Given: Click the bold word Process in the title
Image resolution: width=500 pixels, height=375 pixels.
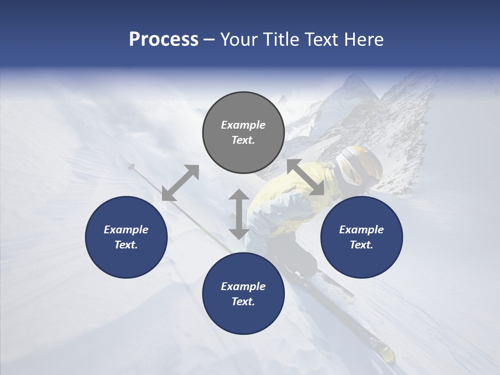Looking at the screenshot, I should pyautogui.click(x=164, y=40).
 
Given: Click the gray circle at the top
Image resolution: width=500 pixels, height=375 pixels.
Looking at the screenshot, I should pyautogui.click(x=243, y=133).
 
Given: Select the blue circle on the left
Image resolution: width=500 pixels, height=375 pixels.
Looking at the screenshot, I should pyautogui.click(x=126, y=238).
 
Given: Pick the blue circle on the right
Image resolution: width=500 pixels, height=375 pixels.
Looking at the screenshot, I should pyautogui.click(x=361, y=238).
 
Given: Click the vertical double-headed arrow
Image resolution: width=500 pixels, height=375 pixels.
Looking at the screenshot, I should pyautogui.click(x=239, y=214).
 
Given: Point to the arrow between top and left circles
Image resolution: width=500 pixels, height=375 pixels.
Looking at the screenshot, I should pyautogui.click(x=180, y=183).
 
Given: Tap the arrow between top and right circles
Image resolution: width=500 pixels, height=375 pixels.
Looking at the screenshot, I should pyautogui.click(x=306, y=177).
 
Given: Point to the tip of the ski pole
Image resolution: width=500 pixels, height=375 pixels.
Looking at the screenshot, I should pyautogui.click(x=130, y=166).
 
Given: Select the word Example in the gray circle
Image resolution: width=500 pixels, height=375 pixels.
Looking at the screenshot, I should pyautogui.click(x=243, y=125).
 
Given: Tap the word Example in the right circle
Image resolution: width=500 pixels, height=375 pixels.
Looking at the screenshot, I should pyautogui.click(x=361, y=230).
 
